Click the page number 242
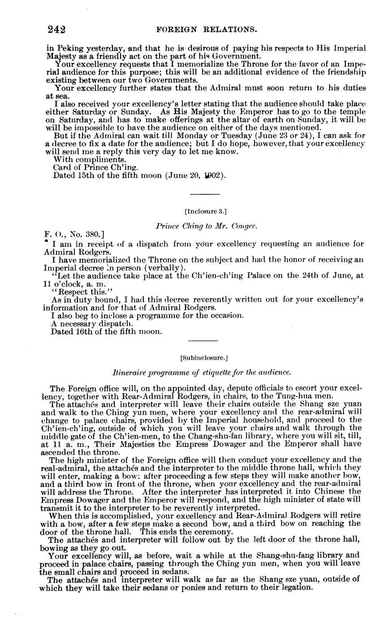click(x=56, y=30)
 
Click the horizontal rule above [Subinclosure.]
click(x=203, y=341)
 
